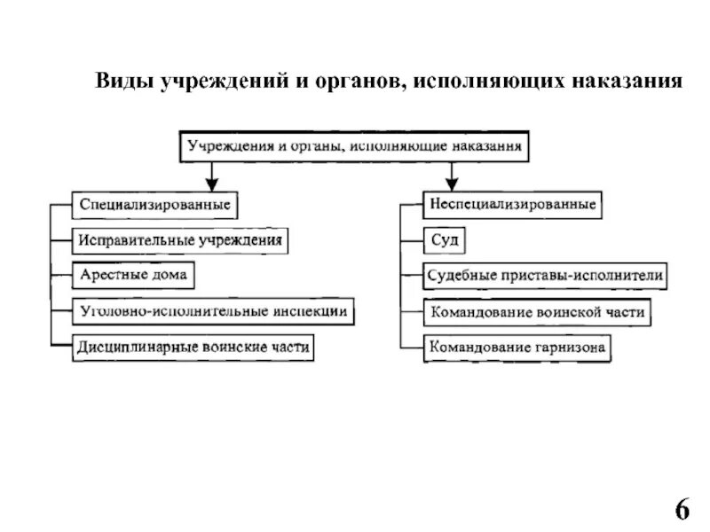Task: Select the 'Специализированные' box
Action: [154, 205]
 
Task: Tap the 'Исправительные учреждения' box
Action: [181, 239]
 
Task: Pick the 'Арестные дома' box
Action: [133, 276]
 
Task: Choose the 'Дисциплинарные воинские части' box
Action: [193, 348]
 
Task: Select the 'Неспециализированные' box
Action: [513, 205]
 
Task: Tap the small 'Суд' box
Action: [443, 239]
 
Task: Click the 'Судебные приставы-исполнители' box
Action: [544, 276]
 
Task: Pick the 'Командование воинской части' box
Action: [537, 312]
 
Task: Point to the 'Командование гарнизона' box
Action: [517, 347]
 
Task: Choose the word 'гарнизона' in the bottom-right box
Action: [569, 347]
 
